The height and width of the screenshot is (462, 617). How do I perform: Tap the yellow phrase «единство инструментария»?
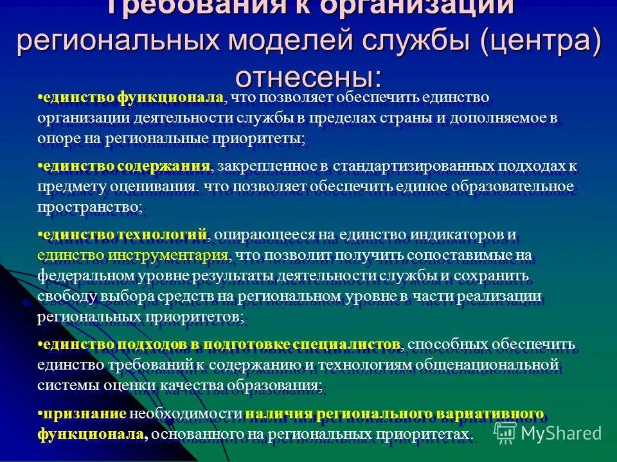pyautogui.click(x=133, y=255)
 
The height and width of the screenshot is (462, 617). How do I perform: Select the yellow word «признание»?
pyautogui.click(x=83, y=413)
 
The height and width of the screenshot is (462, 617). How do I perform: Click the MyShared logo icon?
pyautogui.click(x=505, y=431)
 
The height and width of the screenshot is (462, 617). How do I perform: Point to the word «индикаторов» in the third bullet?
pyautogui.click(x=453, y=235)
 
